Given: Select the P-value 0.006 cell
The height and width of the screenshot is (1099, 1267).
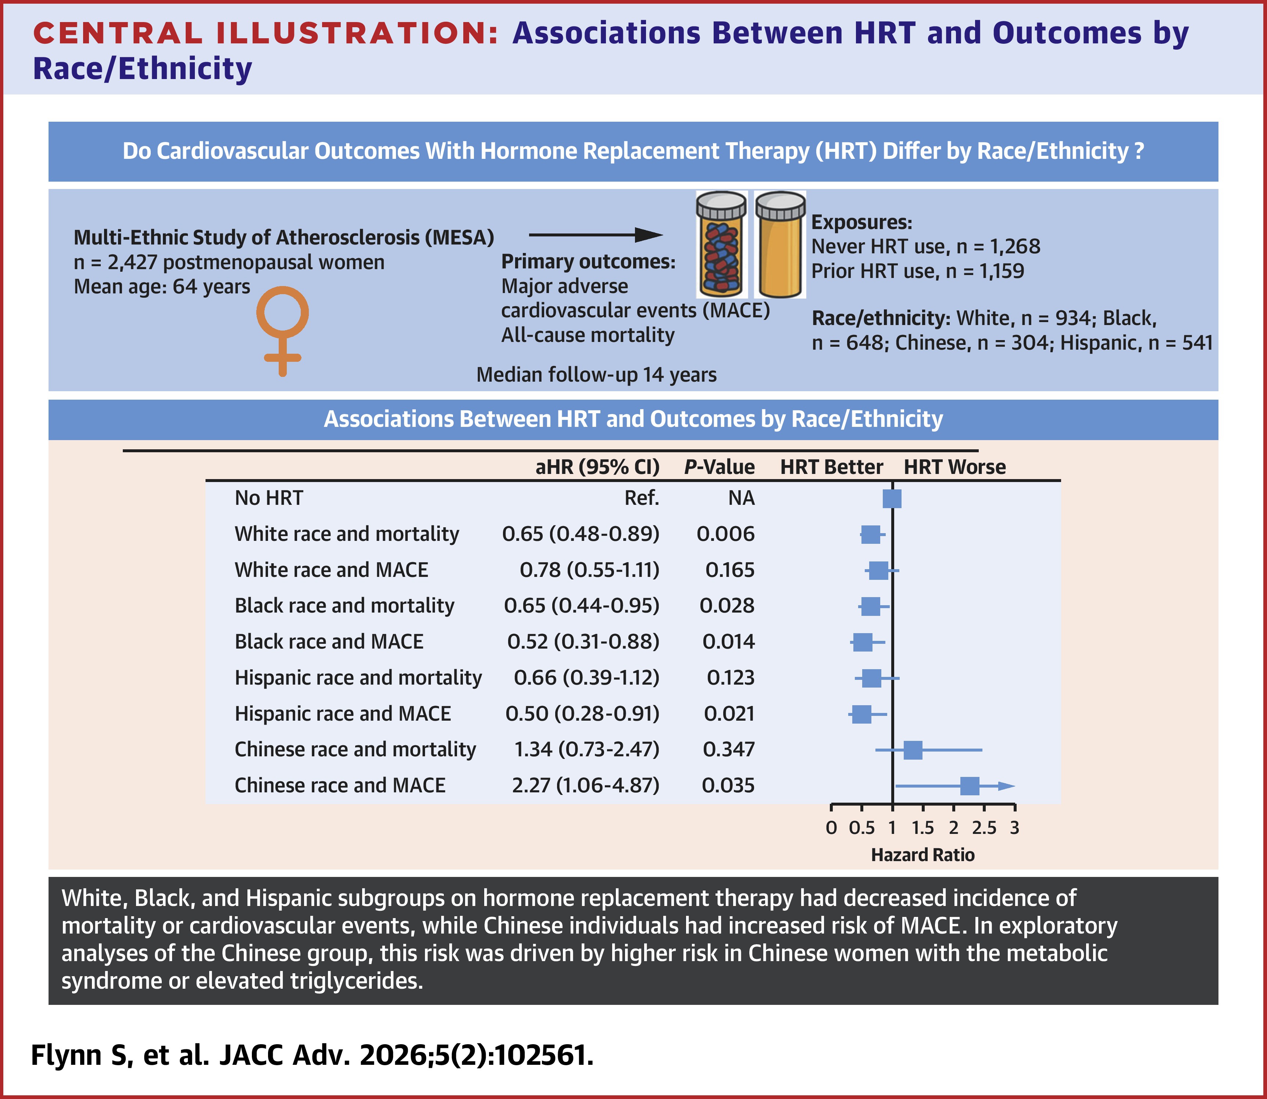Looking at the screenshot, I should [x=725, y=534].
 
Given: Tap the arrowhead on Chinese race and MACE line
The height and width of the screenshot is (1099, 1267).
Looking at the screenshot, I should [x=1006, y=786].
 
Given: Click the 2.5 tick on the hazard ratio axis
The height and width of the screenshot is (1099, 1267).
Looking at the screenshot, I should [x=984, y=828].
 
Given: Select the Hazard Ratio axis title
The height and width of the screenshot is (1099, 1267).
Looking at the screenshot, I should [x=922, y=855].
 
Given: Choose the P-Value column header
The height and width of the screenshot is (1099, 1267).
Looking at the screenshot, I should [x=720, y=467].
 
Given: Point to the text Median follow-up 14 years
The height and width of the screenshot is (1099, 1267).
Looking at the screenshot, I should [x=596, y=375].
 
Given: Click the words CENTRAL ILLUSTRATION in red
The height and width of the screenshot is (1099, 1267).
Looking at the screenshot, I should [x=265, y=33].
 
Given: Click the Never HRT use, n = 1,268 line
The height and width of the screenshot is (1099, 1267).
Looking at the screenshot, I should [x=925, y=247].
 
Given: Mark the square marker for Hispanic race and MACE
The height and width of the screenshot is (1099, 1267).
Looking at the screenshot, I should [x=861, y=714].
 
